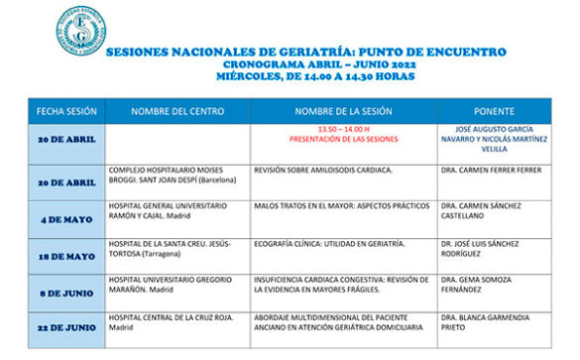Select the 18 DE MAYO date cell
66,256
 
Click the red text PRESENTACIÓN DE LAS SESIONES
344,140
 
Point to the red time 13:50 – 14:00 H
344,129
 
